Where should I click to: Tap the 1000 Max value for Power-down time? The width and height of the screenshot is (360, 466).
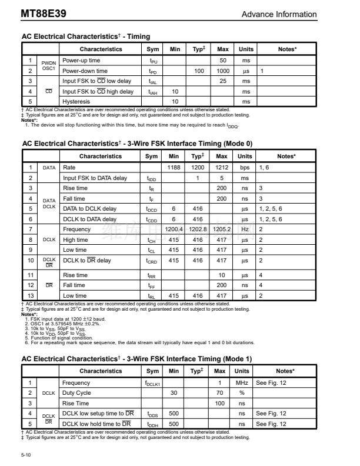[x=222, y=71]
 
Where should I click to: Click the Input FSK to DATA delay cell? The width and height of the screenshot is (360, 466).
[x=95, y=178]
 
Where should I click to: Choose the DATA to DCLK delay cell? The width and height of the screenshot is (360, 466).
[x=89, y=208]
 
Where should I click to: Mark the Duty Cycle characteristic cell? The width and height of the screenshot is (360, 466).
[x=77, y=392]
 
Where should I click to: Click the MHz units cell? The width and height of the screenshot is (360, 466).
[x=242, y=382]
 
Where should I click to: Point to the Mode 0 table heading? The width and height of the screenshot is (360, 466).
[x=136, y=143]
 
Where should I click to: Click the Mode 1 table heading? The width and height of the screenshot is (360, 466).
[x=136, y=358]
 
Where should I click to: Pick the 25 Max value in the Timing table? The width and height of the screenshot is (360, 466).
[x=222, y=81]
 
